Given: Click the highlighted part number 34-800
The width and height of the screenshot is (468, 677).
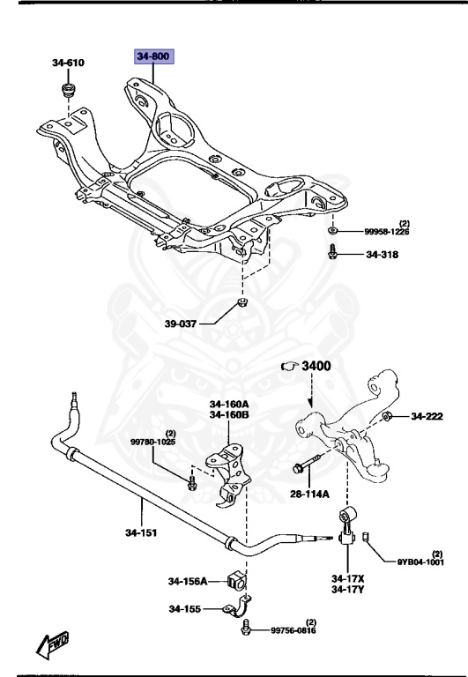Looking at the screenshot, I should (154, 57).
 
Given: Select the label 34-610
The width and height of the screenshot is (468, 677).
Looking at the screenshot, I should (68, 63).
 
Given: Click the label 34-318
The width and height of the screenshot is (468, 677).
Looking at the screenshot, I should (383, 255).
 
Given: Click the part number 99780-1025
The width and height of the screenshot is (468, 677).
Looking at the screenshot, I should (153, 442).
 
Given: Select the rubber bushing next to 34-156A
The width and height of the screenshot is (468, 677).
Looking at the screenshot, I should (235, 580).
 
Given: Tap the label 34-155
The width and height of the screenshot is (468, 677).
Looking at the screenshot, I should (185, 609).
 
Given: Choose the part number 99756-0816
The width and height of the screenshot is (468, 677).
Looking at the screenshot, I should (293, 630).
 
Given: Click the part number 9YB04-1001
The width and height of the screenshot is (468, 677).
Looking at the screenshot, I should (420, 562).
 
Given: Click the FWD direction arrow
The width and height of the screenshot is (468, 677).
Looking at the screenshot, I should (50, 646).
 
